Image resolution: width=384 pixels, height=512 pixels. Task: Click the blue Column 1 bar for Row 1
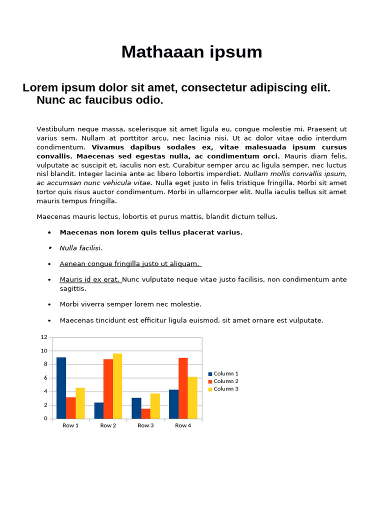[61, 388]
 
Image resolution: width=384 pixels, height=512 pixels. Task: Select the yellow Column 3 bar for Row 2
[117, 386]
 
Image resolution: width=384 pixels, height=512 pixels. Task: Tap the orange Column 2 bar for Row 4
[183, 388]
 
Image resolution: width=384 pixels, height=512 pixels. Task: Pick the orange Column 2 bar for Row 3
[145, 413]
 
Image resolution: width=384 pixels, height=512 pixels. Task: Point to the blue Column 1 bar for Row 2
[98, 410]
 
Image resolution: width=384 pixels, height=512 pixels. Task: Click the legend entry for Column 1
[223, 373]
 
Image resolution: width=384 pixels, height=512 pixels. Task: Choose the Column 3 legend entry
[223, 389]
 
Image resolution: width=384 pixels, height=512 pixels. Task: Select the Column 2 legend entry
[223, 381]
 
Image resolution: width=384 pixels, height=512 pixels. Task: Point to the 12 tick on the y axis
[44, 337]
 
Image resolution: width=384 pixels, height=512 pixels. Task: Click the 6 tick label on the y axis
[45, 378]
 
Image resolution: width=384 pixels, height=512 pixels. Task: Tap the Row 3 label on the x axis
[145, 425]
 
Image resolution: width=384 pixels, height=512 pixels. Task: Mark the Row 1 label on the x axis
[70, 425]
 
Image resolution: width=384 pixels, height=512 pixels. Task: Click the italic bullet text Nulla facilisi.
[80, 248]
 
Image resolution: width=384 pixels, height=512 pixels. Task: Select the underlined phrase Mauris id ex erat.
[90, 279]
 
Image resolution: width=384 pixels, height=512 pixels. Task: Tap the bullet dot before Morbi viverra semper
[49, 304]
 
